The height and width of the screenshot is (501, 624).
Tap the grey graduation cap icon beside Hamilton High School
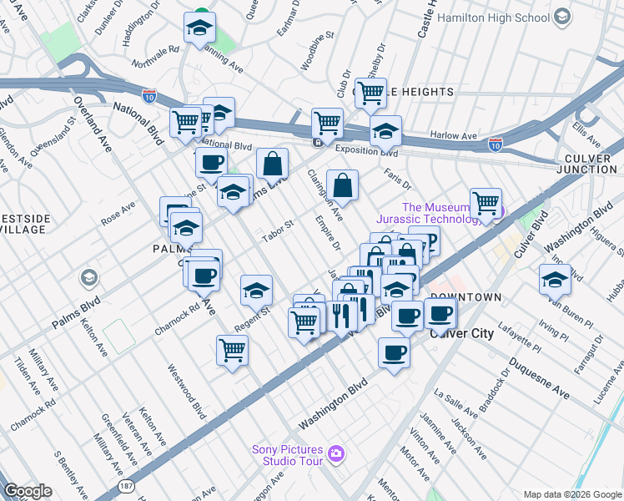[561, 17]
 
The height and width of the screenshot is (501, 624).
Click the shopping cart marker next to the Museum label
[486, 203]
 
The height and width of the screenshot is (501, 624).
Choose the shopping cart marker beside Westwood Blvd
[232, 351]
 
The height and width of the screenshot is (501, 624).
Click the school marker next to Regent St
[256, 291]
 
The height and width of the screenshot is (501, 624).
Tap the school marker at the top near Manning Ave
[199, 28]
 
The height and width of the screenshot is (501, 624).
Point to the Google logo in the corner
[28, 491]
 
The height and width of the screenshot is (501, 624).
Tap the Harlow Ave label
[453, 135]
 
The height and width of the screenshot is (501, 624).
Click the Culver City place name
[460, 332]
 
